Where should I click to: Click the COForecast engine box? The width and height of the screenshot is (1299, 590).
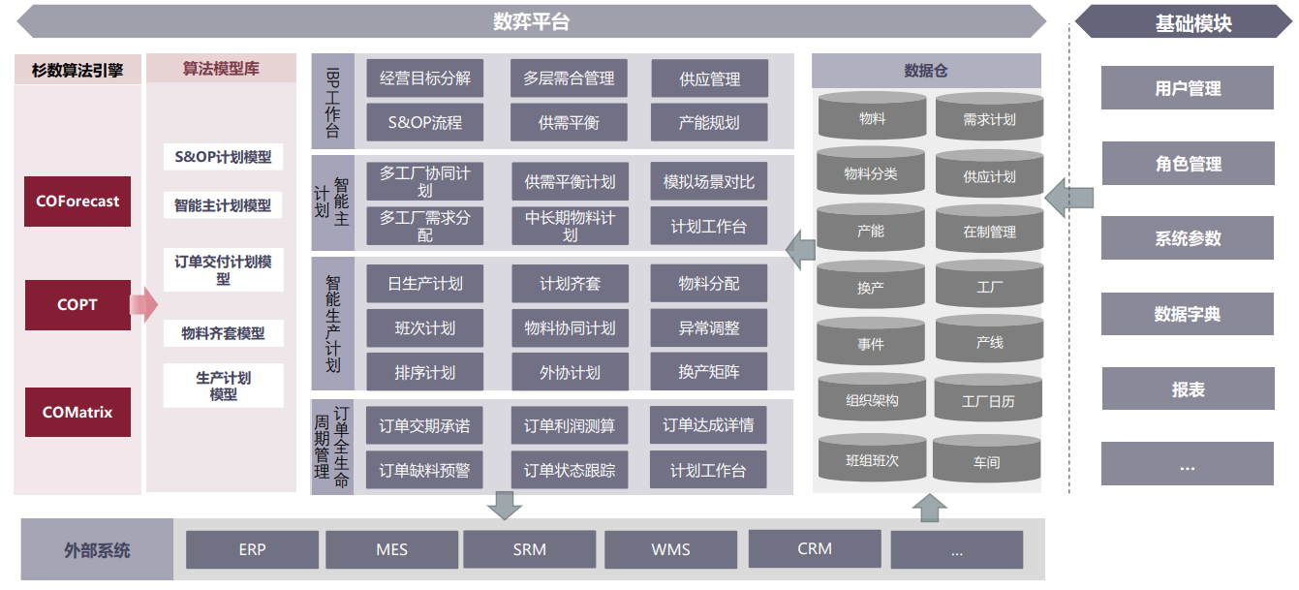click(77, 202)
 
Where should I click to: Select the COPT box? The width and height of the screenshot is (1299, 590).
click(77, 304)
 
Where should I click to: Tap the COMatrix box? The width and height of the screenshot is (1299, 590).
click(77, 412)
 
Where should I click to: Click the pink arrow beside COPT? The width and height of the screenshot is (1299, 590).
click(143, 305)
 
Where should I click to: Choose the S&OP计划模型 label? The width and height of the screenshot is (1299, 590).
click(223, 157)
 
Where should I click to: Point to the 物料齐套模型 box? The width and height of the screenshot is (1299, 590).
click(223, 333)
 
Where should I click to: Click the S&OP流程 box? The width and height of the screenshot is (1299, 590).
click(425, 123)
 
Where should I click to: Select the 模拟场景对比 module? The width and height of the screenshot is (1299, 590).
click(709, 182)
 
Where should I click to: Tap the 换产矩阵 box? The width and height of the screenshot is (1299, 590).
click(709, 372)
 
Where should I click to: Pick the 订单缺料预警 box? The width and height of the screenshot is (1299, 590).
click(425, 471)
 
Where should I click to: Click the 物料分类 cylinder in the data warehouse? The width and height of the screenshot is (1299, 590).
click(871, 174)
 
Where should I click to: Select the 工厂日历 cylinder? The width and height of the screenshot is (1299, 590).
click(988, 400)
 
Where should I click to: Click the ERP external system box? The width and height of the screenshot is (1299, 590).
click(252, 549)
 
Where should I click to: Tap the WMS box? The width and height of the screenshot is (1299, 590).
click(670, 549)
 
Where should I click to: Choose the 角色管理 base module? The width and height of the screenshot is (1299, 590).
click(1188, 164)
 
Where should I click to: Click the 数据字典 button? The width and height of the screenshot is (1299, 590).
click(1188, 314)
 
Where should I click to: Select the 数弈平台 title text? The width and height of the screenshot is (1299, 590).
click(532, 21)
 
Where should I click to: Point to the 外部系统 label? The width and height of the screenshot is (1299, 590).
click(97, 550)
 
